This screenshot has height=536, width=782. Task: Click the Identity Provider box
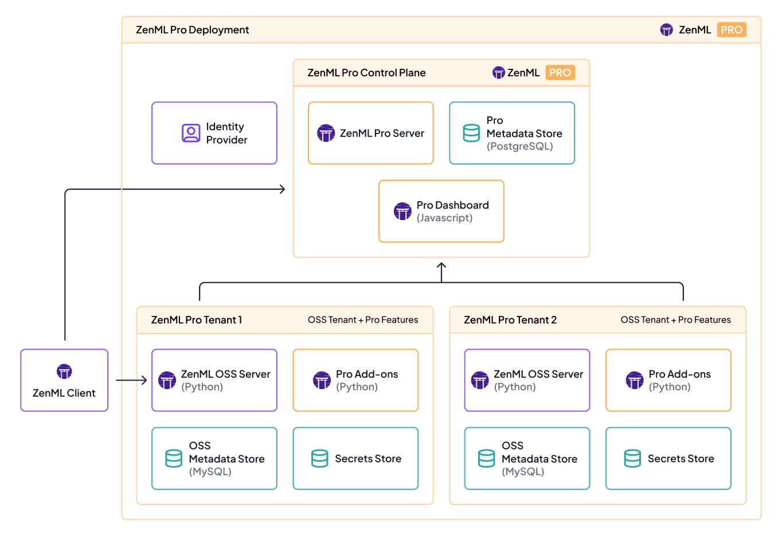(214, 133)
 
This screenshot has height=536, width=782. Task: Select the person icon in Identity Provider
(190, 133)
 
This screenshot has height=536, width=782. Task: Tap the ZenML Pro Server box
(370, 133)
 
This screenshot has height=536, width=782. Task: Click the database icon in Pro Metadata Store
(471, 133)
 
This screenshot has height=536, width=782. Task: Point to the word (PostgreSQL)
(519, 147)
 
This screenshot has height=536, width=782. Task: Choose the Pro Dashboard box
(441, 211)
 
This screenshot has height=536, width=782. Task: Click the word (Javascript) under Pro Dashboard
(444, 218)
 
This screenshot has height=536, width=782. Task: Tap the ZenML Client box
(64, 380)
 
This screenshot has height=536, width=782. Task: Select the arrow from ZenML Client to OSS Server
(131, 380)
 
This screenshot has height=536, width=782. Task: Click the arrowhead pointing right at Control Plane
(282, 189)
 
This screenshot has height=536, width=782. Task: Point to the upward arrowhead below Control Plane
(441, 265)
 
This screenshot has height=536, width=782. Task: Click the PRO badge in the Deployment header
(732, 30)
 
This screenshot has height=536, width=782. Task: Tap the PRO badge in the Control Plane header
(560, 73)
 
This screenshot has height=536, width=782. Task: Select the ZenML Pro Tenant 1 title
(197, 320)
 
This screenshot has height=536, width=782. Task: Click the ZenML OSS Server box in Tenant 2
(527, 380)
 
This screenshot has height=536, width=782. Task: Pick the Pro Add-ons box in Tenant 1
(355, 380)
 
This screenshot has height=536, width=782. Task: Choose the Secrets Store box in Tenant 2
(668, 459)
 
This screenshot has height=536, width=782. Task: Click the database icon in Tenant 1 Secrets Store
(319, 459)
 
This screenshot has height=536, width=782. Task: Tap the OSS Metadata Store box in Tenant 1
(214, 459)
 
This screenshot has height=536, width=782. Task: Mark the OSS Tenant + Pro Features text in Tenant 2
(675, 320)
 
